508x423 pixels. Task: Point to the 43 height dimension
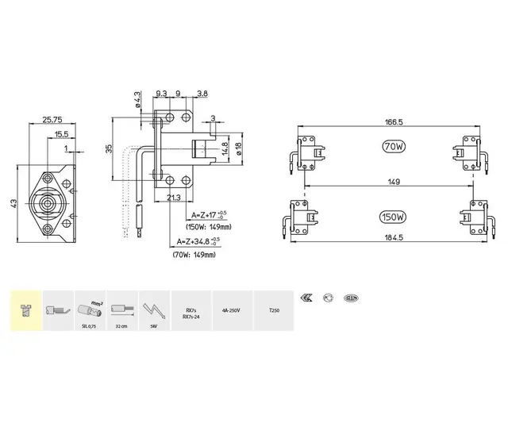coord(13,205)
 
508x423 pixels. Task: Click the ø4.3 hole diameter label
coord(137,102)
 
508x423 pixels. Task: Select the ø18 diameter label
coord(237,148)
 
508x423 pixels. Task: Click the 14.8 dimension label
coord(224,148)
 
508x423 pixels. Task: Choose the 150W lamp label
coord(392,217)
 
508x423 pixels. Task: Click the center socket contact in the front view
coord(49,204)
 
